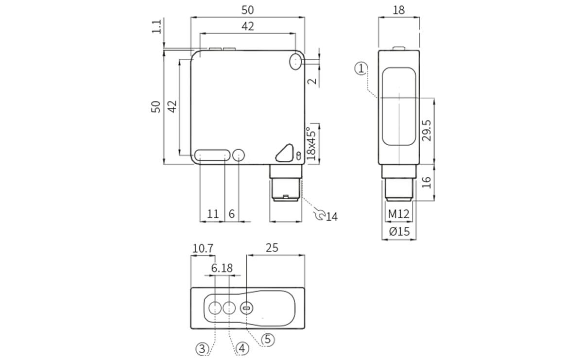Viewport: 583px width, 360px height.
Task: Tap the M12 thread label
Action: click(399, 214)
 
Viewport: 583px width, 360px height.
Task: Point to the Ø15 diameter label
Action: click(399, 232)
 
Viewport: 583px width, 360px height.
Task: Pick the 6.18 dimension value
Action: click(222, 268)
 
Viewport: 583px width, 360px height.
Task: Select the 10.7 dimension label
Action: click(203, 248)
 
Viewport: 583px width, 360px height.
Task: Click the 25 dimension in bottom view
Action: click(272, 247)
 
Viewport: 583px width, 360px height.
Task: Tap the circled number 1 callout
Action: click(361, 69)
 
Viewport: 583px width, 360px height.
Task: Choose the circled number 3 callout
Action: click(203, 348)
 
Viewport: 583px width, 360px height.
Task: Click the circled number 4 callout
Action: click(243, 348)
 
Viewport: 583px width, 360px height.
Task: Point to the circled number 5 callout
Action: click(268, 340)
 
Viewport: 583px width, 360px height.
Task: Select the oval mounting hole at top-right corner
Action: click(295, 62)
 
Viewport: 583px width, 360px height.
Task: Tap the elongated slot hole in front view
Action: click(212, 155)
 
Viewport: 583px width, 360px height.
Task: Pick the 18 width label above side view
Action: click(398, 10)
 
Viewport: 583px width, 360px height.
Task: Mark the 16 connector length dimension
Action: click(426, 182)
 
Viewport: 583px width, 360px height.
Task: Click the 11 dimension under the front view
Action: click(213, 214)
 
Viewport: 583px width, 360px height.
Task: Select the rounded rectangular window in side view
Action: click(398, 107)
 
